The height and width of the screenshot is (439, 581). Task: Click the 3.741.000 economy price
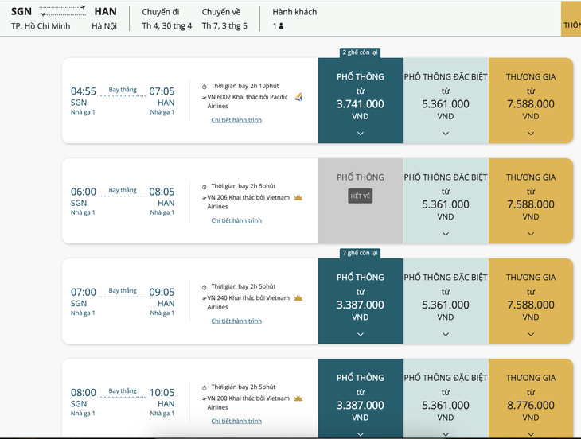pyautogui.click(x=361, y=104)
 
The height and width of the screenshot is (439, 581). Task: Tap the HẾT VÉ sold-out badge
pyautogui.click(x=361, y=196)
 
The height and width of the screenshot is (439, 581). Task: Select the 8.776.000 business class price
pyautogui.click(x=531, y=405)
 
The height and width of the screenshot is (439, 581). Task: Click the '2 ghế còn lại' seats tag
pyautogui.click(x=361, y=52)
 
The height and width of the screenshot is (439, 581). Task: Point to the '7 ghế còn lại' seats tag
pyautogui.click(x=361, y=253)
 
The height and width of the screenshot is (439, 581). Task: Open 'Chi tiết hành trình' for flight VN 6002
pyautogui.click(x=236, y=120)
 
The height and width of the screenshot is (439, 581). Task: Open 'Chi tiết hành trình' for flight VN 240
pyautogui.click(x=236, y=321)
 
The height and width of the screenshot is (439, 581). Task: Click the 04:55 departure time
pyautogui.click(x=84, y=91)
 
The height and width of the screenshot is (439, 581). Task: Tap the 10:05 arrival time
pyautogui.click(x=162, y=392)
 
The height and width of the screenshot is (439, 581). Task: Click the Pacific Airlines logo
pyautogui.click(x=298, y=97)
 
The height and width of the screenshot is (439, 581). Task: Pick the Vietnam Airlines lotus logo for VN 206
pyautogui.click(x=298, y=198)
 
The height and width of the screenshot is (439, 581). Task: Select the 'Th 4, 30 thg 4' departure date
pyautogui.click(x=167, y=26)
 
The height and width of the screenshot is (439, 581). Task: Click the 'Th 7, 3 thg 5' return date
pyautogui.click(x=224, y=26)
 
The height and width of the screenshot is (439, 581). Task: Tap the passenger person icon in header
pyautogui.click(x=281, y=26)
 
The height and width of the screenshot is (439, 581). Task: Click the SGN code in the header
pyautogui.click(x=21, y=11)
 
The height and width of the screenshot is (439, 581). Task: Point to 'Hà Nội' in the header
pyautogui.click(x=104, y=26)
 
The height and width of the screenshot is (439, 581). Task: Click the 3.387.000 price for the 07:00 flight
pyautogui.click(x=361, y=305)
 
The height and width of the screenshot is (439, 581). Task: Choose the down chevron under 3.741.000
pyautogui.click(x=361, y=134)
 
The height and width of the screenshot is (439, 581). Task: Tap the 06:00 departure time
pyautogui.click(x=84, y=192)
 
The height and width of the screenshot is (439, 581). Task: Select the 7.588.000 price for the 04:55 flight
pyautogui.click(x=531, y=104)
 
